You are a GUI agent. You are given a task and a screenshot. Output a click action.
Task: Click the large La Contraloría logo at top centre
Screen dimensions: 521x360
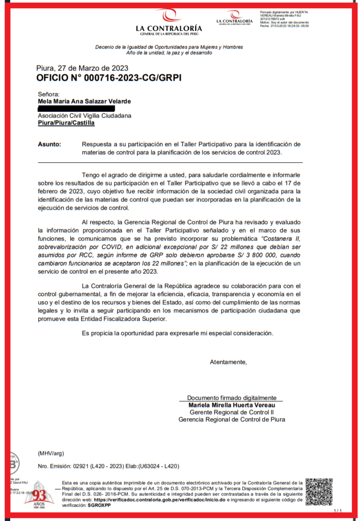tap(169, 22)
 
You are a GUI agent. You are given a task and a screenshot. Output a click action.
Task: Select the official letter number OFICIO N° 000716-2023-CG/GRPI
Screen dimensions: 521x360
tap(108, 78)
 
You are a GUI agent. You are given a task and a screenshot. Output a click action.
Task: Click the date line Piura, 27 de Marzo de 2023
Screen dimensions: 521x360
tap(82, 68)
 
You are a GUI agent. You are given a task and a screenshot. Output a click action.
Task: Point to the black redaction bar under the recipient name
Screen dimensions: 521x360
tap(76, 108)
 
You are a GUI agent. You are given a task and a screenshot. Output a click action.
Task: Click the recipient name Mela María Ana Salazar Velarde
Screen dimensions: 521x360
tap(84, 101)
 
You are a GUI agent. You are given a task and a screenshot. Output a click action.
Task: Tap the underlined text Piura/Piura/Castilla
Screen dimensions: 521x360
tap(66, 123)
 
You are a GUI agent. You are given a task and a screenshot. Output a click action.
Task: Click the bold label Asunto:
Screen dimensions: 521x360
tap(49, 144)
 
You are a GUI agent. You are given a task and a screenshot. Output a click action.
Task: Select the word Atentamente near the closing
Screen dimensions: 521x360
tap(228, 362)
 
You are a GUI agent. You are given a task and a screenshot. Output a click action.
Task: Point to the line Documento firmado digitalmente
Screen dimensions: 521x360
tap(232, 398)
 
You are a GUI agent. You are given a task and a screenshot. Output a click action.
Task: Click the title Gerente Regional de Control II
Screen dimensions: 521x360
tap(232, 412)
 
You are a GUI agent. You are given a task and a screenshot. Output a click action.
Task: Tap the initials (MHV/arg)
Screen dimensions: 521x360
tap(51, 453)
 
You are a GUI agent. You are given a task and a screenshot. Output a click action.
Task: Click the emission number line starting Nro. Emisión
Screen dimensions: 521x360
tap(108, 467)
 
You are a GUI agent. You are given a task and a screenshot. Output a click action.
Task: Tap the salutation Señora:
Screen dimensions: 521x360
tap(48, 94)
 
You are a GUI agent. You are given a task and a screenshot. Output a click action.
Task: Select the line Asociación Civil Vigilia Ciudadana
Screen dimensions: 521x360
tap(85, 115)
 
